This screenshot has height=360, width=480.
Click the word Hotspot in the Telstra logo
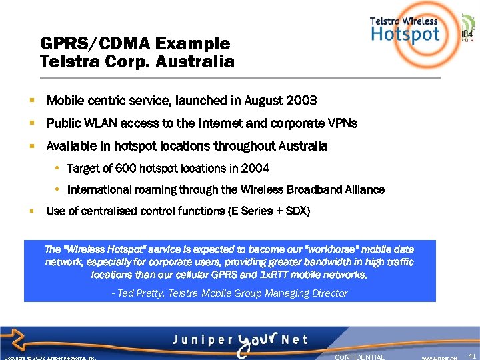(406, 34)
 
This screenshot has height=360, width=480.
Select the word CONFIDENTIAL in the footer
(359, 357)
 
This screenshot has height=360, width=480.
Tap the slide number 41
(472, 356)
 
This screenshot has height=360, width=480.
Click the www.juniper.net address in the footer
(439, 357)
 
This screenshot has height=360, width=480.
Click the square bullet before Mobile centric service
(31, 101)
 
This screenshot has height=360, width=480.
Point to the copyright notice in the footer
(50, 357)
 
